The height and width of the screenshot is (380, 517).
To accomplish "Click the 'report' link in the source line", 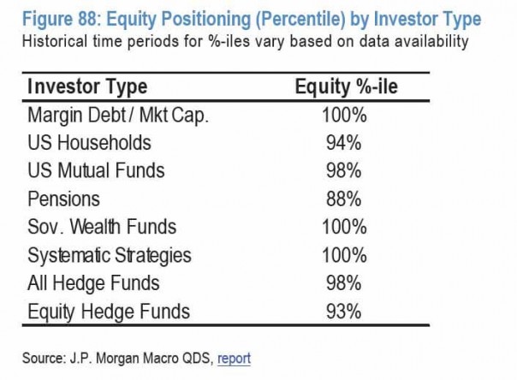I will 235,358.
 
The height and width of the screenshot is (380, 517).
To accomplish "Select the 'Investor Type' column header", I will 87,87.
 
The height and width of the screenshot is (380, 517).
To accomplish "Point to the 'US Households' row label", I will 89,143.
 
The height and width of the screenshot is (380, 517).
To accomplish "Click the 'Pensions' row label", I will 63,199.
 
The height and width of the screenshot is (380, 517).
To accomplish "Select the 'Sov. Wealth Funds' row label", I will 102,228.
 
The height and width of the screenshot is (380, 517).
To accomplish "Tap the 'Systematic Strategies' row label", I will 110,256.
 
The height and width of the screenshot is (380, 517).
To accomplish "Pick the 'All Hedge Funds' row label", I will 93,283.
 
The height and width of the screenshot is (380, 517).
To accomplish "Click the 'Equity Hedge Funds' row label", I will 108,312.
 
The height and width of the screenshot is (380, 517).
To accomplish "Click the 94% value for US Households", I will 346,143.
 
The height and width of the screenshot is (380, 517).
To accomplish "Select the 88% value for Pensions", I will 346,199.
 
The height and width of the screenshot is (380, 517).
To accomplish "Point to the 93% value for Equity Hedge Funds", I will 346,312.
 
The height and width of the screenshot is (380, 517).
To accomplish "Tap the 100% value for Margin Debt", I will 346,115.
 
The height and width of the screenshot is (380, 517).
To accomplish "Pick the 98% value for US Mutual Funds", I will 346,171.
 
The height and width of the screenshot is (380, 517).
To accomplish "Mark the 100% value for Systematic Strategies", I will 346,256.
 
